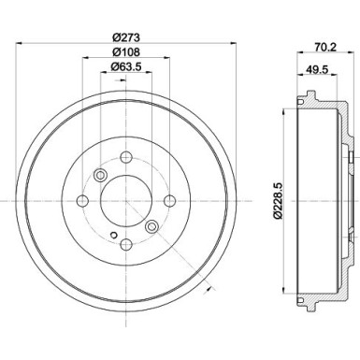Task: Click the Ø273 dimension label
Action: pos(125,37)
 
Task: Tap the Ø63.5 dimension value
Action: pos(125,66)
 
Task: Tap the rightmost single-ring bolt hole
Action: pos(170,201)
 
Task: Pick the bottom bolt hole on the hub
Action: pos(125,244)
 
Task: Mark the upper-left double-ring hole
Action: pos(101,176)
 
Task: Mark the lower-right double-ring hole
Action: pos(151,226)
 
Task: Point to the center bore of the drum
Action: pos(125,201)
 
